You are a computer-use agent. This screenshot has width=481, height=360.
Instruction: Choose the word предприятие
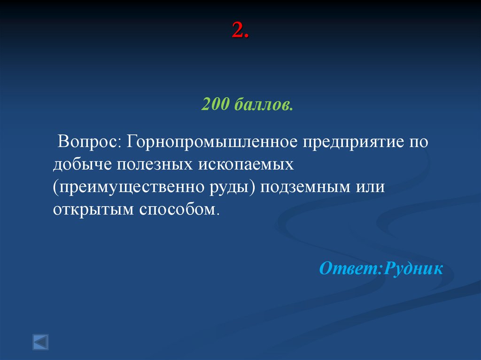(x=350, y=142)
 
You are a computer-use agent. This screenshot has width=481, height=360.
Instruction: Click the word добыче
(x=82, y=164)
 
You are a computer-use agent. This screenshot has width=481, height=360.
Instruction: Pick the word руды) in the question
(x=229, y=187)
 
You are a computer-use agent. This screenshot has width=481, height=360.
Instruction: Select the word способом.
(x=178, y=209)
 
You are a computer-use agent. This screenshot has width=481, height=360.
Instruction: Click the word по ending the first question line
(x=418, y=142)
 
